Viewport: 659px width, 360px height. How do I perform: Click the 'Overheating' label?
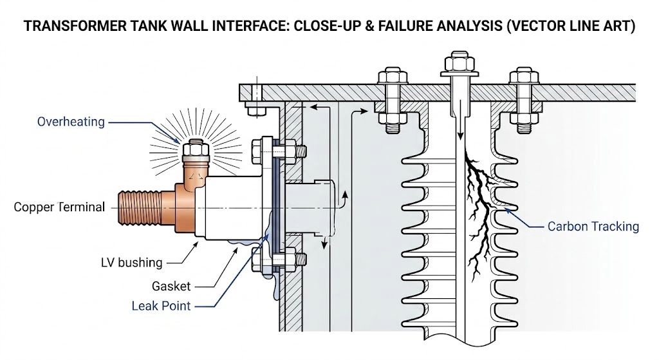[x=71, y=122]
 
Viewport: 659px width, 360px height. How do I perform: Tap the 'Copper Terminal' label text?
[x=59, y=207]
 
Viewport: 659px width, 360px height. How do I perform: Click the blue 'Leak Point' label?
[x=161, y=305]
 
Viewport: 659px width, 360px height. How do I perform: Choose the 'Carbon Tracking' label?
[x=593, y=226]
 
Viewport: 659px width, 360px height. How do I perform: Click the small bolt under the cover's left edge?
[x=255, y=109]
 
